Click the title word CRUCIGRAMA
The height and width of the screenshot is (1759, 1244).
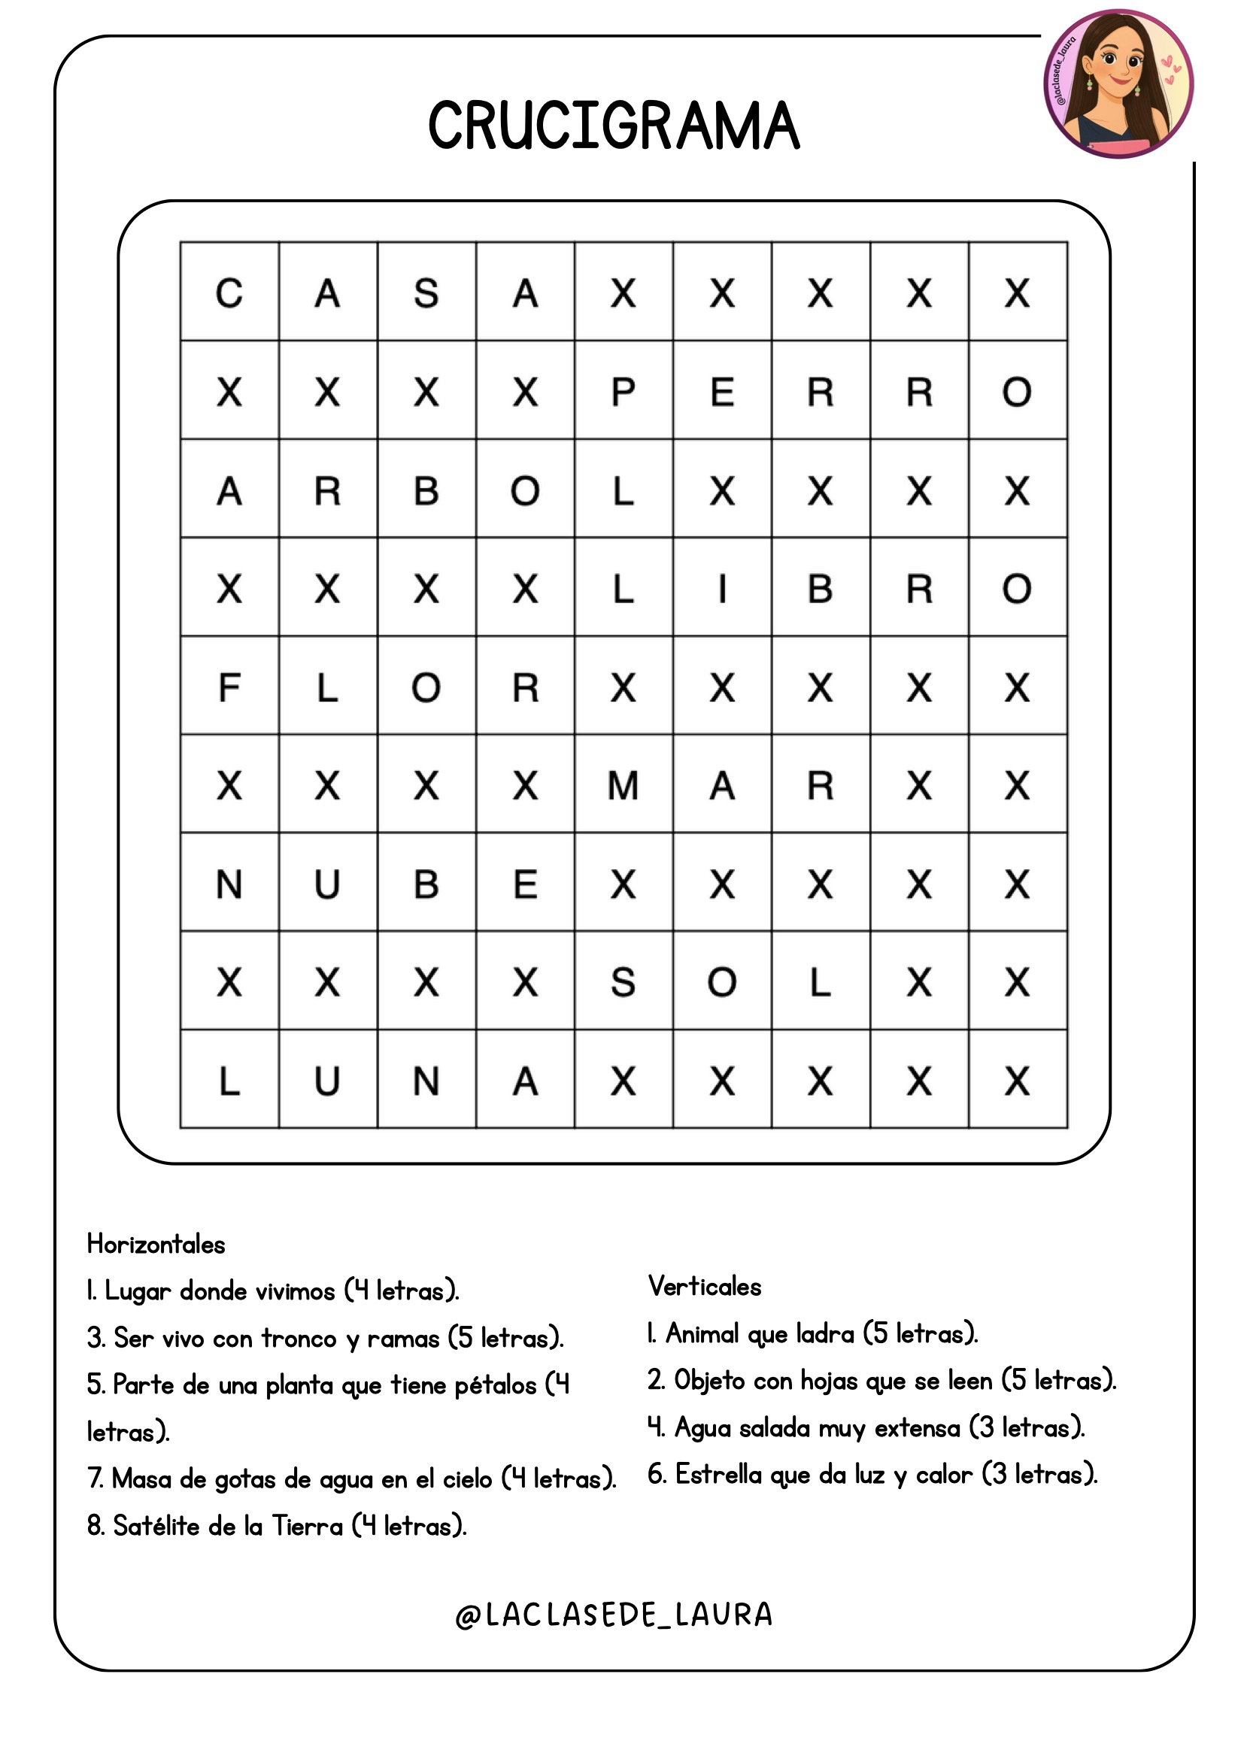[614, 126]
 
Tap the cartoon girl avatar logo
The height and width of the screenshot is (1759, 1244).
[1118, 84]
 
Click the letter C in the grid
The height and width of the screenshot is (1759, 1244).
[229, 293]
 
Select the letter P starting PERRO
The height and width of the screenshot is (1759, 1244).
[623, 393]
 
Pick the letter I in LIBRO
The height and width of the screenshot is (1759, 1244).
[721, 589]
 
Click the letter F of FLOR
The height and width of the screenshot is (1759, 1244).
[229, 687]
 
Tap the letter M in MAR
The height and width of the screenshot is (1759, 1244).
[623, 786]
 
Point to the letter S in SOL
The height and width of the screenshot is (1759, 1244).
[623, 983]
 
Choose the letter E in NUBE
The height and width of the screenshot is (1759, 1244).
[525, 885]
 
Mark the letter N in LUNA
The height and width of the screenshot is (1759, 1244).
[426, 1081]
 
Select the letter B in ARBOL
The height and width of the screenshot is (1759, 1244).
[426, 491]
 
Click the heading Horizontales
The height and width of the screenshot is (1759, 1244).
[156, 1244]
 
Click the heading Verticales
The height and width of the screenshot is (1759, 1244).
[705, 1286]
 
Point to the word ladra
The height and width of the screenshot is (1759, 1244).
[824, 1334]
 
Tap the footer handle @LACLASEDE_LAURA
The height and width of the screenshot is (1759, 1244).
[614, 1615]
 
